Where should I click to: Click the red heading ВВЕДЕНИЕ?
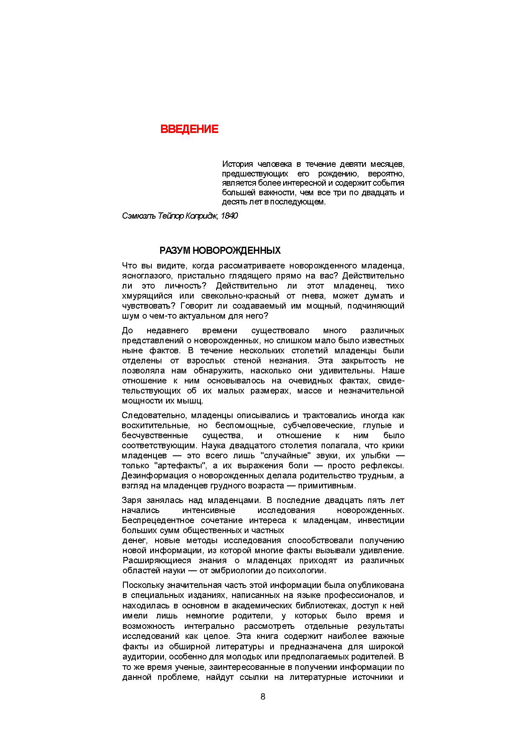tap(189, 129)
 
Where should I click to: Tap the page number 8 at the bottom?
tap(263, 697)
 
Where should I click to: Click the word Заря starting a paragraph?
tap(131, 501)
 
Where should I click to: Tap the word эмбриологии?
tap(251, 571)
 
